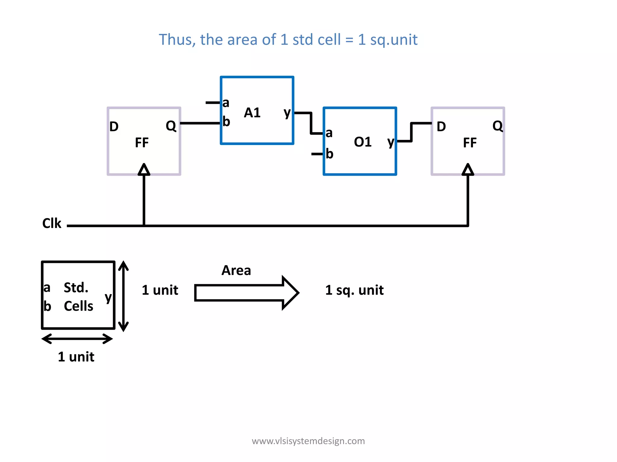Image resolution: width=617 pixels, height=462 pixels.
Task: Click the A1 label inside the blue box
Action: click(252, 113)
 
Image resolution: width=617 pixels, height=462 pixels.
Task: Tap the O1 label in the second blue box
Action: click(362, 142)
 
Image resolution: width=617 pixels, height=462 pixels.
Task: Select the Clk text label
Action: click(52, 223)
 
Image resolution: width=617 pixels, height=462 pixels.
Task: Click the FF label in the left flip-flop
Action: click(142, 143)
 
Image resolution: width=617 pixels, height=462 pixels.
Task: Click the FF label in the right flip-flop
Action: click(470, 143)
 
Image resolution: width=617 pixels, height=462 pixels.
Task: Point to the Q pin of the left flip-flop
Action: click(171, 126)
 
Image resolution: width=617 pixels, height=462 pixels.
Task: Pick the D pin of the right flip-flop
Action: click(441, 127)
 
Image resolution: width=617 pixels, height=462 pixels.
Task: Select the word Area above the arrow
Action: click(236, 270)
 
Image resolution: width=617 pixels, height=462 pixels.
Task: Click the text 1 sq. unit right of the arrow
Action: click(354, 290)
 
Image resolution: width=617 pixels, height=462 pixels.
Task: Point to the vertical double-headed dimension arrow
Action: click(124, 296)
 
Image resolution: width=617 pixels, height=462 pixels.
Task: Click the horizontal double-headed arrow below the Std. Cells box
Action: click(77, 339)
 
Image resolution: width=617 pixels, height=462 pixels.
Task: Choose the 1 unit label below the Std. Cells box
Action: click(76, 357)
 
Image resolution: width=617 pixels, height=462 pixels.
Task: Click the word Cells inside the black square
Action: click(78, 306)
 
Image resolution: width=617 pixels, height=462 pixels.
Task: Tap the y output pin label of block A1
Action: click(287, 113)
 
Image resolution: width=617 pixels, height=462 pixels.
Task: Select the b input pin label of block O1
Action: click(329, 154)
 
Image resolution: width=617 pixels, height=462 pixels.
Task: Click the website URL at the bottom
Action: click(308, 441)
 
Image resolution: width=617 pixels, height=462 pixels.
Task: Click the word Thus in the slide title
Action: click(177, 40)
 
